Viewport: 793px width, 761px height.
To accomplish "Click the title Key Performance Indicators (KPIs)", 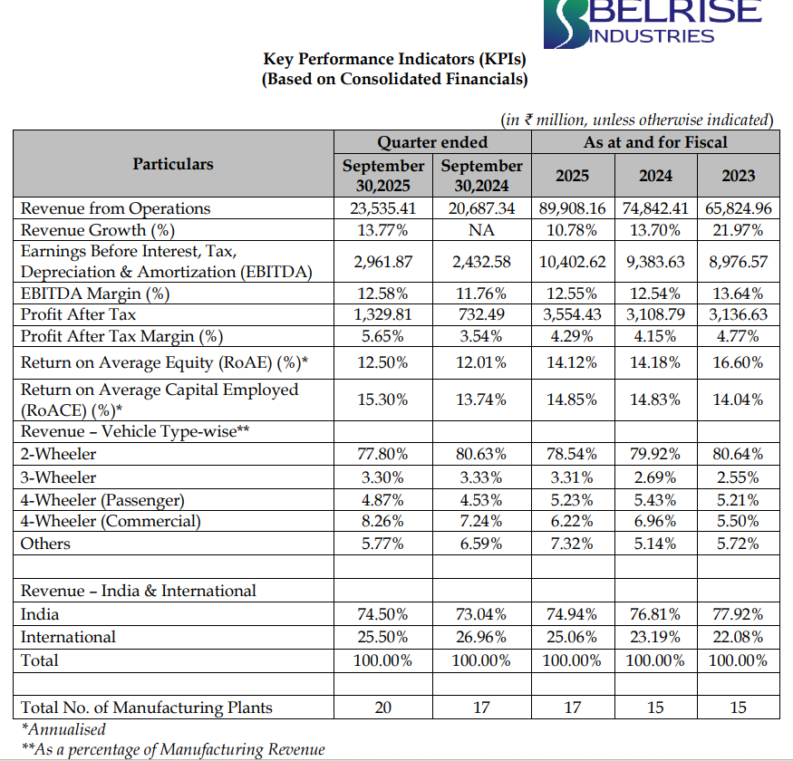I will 394,60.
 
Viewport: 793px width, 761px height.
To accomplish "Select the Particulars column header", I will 173,164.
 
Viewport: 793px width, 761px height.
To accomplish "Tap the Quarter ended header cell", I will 432,142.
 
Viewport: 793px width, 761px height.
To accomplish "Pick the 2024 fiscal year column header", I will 655,176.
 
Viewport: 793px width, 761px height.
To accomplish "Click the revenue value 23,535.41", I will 383,208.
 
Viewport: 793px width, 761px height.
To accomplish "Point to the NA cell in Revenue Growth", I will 481,230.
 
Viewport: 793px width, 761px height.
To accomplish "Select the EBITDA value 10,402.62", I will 572,262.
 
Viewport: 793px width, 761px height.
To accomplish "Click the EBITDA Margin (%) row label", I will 95,293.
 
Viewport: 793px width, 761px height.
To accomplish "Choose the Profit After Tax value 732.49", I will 481,314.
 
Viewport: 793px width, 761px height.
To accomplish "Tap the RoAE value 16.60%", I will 738,363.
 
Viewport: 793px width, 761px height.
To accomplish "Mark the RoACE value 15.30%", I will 383,399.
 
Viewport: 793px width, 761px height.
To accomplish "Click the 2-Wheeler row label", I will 58,454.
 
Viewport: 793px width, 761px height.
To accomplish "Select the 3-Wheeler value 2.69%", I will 655,477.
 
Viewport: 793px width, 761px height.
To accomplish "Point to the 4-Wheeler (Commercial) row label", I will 111,521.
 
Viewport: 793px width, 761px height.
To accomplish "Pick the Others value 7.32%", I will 572,544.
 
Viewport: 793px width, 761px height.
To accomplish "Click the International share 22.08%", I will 738,637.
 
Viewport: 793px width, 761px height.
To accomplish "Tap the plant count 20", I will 383,708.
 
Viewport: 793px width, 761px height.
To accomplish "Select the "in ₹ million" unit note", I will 637,120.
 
